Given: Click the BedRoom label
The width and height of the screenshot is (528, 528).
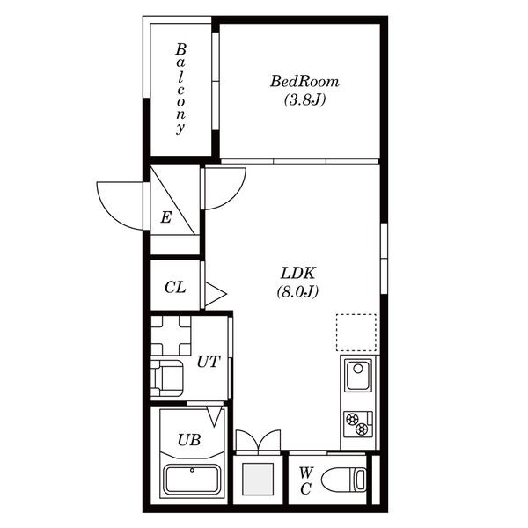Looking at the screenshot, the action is [304, 82].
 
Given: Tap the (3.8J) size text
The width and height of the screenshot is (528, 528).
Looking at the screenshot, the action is [304, 99].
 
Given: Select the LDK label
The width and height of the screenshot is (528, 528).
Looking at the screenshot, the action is [298, 273].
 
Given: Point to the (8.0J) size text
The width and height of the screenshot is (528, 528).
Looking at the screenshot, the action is [297, 291].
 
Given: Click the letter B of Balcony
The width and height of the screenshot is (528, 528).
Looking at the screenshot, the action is [180, 49].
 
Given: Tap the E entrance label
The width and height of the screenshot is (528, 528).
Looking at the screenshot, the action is [165, 217].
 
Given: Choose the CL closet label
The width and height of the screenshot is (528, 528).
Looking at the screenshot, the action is [175, 288].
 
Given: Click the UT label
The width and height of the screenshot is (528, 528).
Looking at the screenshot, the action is [209, 362].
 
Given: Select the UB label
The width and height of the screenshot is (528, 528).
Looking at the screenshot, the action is [189, 440].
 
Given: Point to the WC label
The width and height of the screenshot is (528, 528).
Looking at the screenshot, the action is [305, 480].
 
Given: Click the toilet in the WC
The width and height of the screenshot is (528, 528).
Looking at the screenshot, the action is [344, 480].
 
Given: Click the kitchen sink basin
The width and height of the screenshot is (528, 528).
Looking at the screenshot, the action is [358, 375].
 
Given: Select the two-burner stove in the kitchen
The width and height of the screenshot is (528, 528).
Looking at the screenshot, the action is [358, 424].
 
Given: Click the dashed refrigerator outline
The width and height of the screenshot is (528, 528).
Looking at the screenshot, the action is [356, 333].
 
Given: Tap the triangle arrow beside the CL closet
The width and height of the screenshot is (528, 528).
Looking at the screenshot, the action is [216, 294].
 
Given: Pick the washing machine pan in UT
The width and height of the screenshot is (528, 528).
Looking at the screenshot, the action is [171, 335].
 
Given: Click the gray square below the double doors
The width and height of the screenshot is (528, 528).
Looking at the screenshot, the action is [258, 480].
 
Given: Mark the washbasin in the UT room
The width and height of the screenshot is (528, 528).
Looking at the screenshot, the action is [167, 378].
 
